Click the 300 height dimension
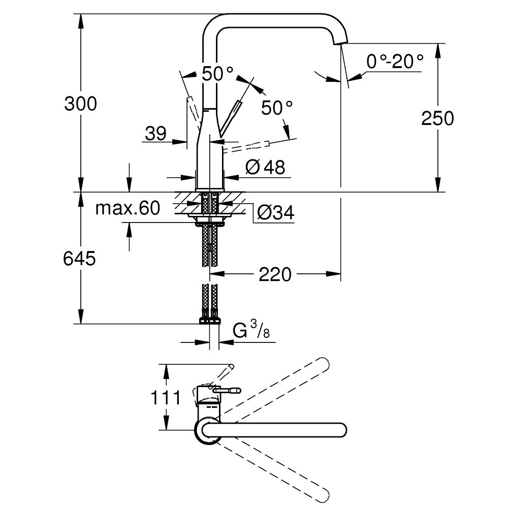[80, 104]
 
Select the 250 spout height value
[437, 118]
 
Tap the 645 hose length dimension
[79, 259]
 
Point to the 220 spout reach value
[275, 275]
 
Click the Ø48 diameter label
[265, 167]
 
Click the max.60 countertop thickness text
[128, 208]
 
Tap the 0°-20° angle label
[395, 62]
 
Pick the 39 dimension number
[155, 134]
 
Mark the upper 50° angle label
[217, 74]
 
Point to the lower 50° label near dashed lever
[277, 108]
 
